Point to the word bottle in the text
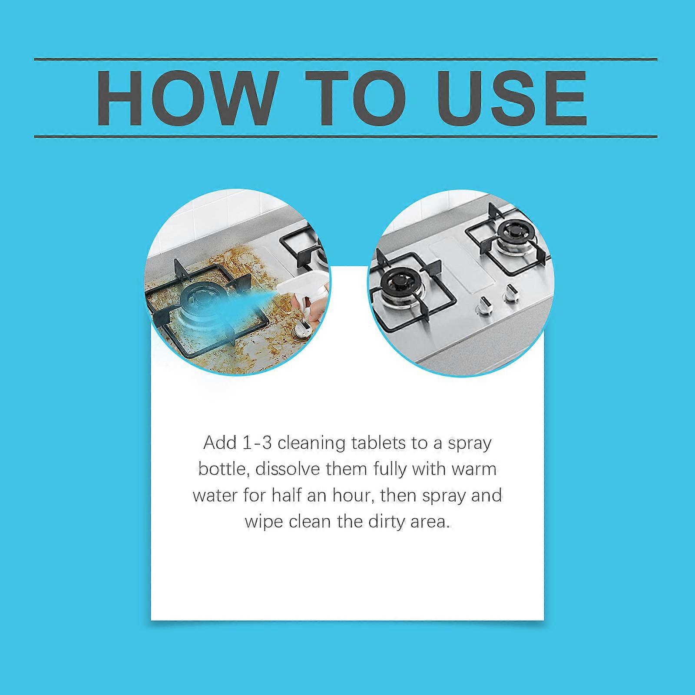tap(222, 470)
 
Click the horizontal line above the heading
tap(345, 59)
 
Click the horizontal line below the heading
tap(345, 137)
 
